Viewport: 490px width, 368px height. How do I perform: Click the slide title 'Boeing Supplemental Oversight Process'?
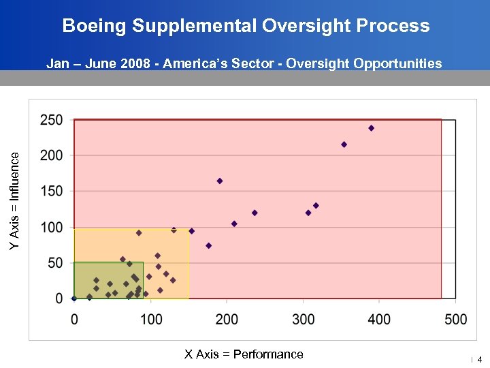pyautogui.click(x=246, y=26)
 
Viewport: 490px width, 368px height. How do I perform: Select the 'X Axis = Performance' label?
pyautogui.click(x=244, y=354)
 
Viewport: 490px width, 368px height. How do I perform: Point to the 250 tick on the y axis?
pyautogui.click(x=52, y=120)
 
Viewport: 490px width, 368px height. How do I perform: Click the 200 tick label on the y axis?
pyautogui.click(x=52, y=155)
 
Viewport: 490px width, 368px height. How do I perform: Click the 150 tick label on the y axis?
pyautogui.click(x=52, y=191)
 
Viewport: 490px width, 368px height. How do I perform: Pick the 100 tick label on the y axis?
pyautogui.click(x=52, y=227)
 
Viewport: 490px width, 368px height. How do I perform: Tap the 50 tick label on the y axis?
pyautogui.click(x=55, y=263)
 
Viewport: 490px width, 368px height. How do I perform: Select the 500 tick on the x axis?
pyautogui.click(x=455, y=319)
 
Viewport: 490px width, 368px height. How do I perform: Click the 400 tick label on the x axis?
pyautogui.click(x=379, y=319)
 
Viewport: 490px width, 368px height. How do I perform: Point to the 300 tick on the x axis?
pyautogui.click(x=303, y=319)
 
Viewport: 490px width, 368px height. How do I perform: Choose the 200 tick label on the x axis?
pyautogui.click(x=227, y=319)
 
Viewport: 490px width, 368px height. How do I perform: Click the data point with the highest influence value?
pyautogui.click(x=371, y=128)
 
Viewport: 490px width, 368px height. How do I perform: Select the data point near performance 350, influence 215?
pyautogui.click(x=344, y=144)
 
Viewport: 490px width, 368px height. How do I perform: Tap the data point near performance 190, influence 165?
pyautogui.click(x=220, y=181)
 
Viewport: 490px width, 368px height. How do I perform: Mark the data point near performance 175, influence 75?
pyautogui.click(x=208, y=245)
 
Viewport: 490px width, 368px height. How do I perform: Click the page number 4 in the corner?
pyautogui.click(x=479, y=359)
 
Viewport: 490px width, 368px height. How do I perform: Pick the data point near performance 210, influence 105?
pyautogui.click(x=234, y=224)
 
